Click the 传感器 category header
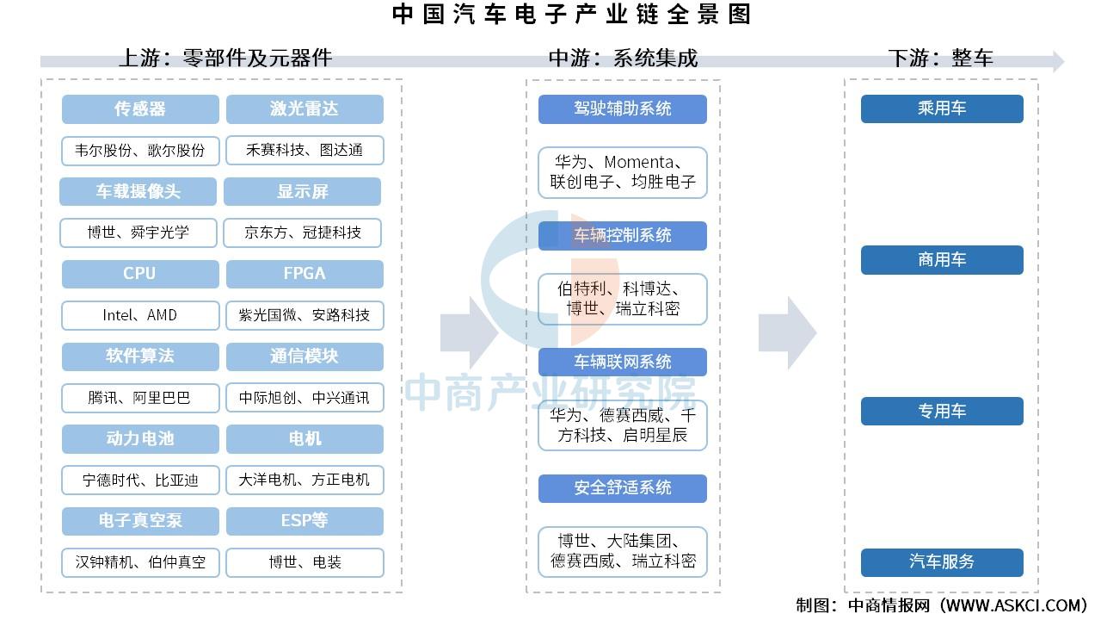click(x=140, y=108)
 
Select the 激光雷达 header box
click(x=304, y=108)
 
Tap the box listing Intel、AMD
click(x=140, y=315)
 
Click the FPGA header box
click(x=304, y=274)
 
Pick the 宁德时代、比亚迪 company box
click(x=140, y=480)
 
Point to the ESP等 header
click(x=304, y=521)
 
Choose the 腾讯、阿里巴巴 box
click(x=140, y=398)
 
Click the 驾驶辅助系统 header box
click(x=622, y=108)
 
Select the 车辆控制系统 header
click(x=622, y=235)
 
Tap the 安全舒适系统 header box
click(x=622, y=488)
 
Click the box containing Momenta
click(x=622, y=172)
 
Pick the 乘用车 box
click(x=942, y=108)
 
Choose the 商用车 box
click(x=942, y=260)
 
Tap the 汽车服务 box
click(x=942, y=562)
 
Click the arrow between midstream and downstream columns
click(x=787, y=332)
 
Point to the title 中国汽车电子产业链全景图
click(x=572, y=14)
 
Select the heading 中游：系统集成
click(x=623, y=58)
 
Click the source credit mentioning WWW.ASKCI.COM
click(x=941, y=605)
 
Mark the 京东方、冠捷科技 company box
click(x=302, y=232)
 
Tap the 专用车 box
click(x=942, y=411)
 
